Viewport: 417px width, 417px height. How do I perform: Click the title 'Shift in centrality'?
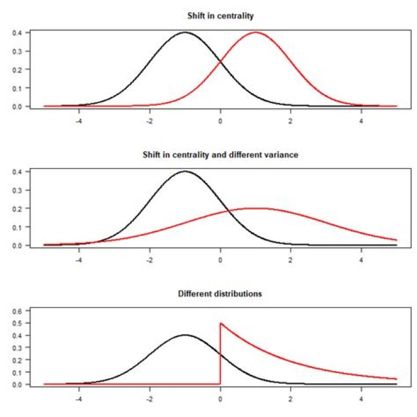221,16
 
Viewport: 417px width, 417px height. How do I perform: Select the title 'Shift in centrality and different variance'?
221,155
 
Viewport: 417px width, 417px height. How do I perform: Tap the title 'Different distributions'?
220,294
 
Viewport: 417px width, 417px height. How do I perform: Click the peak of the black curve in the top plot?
185,32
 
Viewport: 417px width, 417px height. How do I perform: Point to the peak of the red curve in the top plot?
256,32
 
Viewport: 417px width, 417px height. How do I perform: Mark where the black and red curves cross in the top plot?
221,62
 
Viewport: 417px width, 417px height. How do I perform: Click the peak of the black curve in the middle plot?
185,171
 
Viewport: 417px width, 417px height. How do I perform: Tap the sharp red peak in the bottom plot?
221,323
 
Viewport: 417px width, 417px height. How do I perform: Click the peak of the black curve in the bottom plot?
185,335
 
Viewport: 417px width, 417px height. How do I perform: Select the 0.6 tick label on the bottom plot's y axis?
17,310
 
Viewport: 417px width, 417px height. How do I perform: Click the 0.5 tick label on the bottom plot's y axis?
17,323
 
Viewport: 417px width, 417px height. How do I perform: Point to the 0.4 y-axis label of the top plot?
17,32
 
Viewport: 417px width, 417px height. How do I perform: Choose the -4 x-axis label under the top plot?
78,121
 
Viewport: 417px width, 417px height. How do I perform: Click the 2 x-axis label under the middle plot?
290,260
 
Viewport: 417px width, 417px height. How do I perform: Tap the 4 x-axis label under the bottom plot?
361,399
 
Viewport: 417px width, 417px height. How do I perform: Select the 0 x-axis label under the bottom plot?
220,399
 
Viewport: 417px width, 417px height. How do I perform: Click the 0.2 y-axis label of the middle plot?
17,209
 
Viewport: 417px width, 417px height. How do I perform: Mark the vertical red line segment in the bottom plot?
220,354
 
